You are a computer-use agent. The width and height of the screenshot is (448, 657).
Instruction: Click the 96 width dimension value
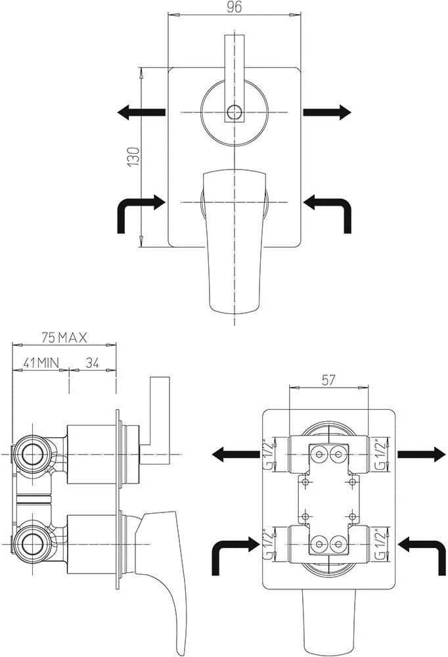coord(235,7)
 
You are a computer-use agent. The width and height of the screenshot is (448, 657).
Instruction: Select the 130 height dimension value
coord(134,157)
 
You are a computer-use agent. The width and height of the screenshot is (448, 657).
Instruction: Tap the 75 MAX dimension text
coord(64,337)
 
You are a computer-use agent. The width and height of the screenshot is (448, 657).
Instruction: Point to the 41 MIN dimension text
coord(41,363)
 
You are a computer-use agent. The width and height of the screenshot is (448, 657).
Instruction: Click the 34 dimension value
coord(92,363)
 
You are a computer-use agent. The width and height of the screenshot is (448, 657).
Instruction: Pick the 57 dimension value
coord(328,380)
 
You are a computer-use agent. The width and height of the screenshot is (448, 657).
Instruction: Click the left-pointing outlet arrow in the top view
coord(141,112)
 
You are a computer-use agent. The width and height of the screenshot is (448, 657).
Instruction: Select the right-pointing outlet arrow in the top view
coord(327,112)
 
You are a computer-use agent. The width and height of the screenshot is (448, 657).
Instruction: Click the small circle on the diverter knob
coord(235,112)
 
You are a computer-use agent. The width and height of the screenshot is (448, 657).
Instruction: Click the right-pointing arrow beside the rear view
coord(421,454)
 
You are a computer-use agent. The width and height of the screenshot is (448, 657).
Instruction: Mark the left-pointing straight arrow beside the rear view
coord(236,454)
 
